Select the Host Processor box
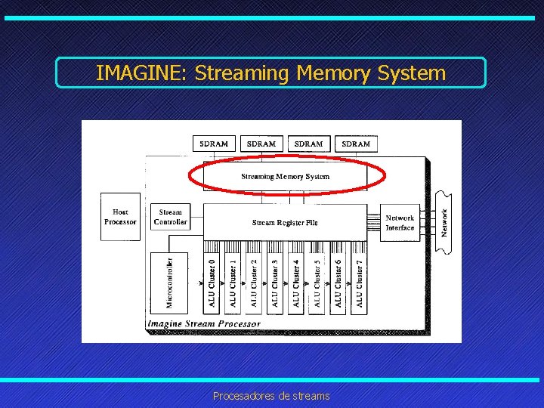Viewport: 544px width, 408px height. [x=120, y=217]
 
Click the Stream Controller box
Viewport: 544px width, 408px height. [x=170, y=217]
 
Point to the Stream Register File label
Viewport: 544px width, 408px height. [x=285, y=222]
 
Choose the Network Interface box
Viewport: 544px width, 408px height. [x=400, y=222]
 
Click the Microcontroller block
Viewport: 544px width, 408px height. [x=169, y=283]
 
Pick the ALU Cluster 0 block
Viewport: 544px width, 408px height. [x=212, y=283]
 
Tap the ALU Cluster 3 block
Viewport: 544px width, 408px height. [x=275, y=283]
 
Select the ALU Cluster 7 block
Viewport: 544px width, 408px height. [x=360, y=283]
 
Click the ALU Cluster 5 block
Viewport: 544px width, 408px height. [x=317, y=283]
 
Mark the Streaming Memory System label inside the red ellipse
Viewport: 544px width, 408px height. [x=285, y=176]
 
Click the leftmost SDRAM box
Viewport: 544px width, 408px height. [x=214, y=144]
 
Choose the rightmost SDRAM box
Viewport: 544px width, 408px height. [x=356, y=144]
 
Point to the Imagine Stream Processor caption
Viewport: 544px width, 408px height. [x=204, y=323]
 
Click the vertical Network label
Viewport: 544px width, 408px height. [x=444, y=222]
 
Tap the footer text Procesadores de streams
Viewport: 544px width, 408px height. [x=271, y=396]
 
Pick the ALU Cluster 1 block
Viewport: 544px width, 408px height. [x=233, y=283]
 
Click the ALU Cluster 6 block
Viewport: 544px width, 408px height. [x=338, y=283]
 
